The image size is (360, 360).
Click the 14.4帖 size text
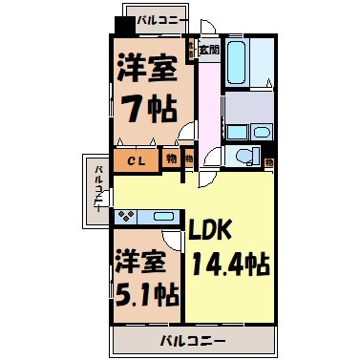point(229,264)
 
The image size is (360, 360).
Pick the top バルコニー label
point(160,18)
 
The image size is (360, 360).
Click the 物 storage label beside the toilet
point(270,163)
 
